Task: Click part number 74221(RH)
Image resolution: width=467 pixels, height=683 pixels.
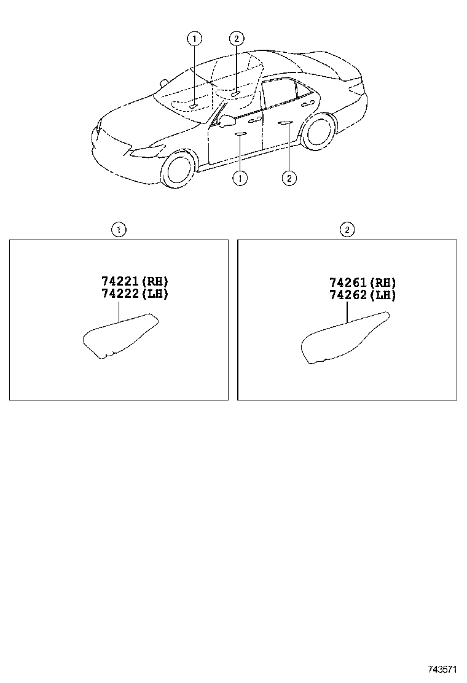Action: [x=135, y=281]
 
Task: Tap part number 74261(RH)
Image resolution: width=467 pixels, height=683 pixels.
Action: [x=363, y=283]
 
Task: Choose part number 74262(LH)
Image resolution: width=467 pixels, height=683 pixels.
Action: [x=363, y=295]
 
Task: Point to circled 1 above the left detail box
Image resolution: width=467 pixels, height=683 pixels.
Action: [x=119, y=230]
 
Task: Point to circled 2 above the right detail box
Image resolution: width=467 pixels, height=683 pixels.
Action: [x=347, y=230]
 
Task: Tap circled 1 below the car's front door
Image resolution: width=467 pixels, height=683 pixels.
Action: [x=240, y=178]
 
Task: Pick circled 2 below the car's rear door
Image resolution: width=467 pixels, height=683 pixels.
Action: [x=289, y=178]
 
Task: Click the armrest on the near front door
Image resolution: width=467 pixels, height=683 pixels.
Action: [x=240, y=133]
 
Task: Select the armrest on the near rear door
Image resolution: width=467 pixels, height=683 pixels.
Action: [x=285, y=123]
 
